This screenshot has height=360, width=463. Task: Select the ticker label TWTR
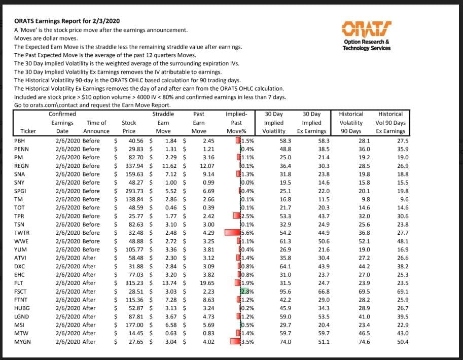click(x=21, y=233)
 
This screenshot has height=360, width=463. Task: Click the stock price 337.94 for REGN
click(x=133, y=166)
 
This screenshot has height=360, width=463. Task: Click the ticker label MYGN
click(x=22, y=341)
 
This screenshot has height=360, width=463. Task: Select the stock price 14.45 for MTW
click(x=136, y=333)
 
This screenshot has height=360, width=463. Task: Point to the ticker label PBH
click(x=20, y=141)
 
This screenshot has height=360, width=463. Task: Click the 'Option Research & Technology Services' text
click(x=367, y=45)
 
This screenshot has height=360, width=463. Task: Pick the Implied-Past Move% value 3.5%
click(x=246, y=341)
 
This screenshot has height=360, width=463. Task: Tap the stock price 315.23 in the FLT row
click(x=133, y=283)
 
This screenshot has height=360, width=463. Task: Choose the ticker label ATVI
click(x=21, y=258)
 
